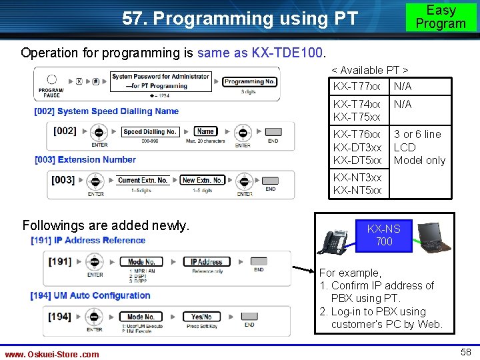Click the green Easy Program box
tap(441, 17)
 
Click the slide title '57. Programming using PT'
tap(240, 19)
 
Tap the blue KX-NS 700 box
tap(384, 235)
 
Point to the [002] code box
tap(64, 131)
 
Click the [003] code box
tap(63, 180)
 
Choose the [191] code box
tap(60, 261)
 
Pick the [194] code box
tap(60, 317)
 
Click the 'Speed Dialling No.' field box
tap(150, 132)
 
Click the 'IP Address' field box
tap(206, 262)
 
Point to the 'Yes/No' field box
tap(201, 317)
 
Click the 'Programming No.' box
tap(249, 81)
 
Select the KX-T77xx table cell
tap(357, 87)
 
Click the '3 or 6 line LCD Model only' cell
tap(419, 147)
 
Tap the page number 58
tap(465, 351)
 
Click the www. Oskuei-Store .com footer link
tap(52, 354)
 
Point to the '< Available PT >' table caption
tap(370, 70)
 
